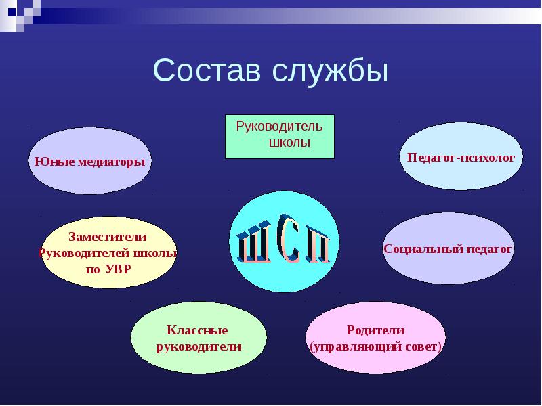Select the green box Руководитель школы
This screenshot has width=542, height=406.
[279, 136]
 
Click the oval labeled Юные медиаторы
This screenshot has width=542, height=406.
[89, 162]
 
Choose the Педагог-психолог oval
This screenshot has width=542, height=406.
[461, 156]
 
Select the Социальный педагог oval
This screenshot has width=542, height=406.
[448, 248]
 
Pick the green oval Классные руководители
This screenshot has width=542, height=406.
[198, 338]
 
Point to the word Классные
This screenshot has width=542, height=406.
[197, 330]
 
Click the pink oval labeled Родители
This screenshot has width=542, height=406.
[375, 338]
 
